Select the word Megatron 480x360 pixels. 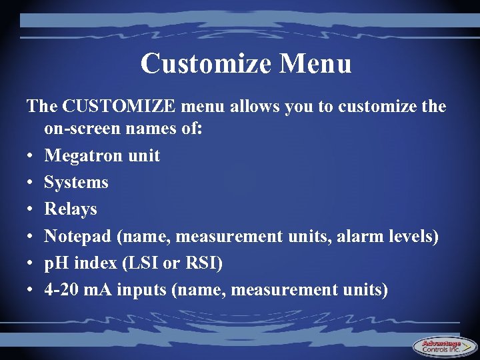click(x=83, y=156)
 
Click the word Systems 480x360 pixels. click(x=76, y=183)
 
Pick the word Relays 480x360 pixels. click(x=71, y=209)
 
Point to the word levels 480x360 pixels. click(x=413, y=236)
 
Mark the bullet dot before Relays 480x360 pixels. click(x=31, y=210)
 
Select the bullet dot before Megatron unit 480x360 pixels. click(x=31, y=157)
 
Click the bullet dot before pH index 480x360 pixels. click(x=31, y=263)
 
